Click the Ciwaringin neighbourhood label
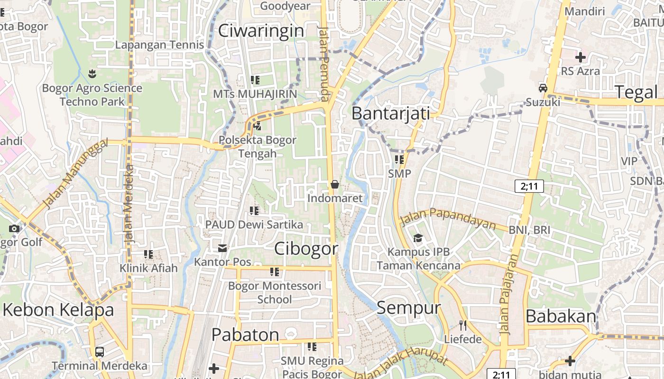pos(261,31)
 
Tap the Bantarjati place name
pos(391,114)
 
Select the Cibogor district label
pos(306,249)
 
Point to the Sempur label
pos(408,308)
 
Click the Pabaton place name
pos(245,335)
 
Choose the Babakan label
pos(561,316)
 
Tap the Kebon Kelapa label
pos(58,310)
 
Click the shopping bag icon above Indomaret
pos(335,184)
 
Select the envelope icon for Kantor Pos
pos(222,248)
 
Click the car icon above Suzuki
pos(543,88)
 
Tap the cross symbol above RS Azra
pos(580,57)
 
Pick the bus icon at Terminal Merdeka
pos(100,352)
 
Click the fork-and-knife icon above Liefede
pos(463,325)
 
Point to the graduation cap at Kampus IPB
pos(418,237)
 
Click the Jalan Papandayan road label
pos(448,218)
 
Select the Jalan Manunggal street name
pos(74,174)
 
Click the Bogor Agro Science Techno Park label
pos(92,95)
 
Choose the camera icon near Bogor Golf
pos(14,229)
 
